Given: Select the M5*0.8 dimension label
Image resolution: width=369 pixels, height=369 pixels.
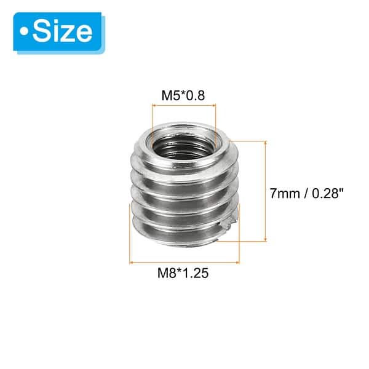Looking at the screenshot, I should pyautogui.click(x=183, y=96).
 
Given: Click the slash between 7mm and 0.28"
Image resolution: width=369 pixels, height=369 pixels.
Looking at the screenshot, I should pyautogui.click(x=304, y=192).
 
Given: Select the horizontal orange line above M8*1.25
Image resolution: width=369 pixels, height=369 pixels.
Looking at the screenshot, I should pyautogui.click(x=183, y=263).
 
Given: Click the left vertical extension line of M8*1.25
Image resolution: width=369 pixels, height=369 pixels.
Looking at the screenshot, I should pyautogui.click(x=130, y=246).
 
